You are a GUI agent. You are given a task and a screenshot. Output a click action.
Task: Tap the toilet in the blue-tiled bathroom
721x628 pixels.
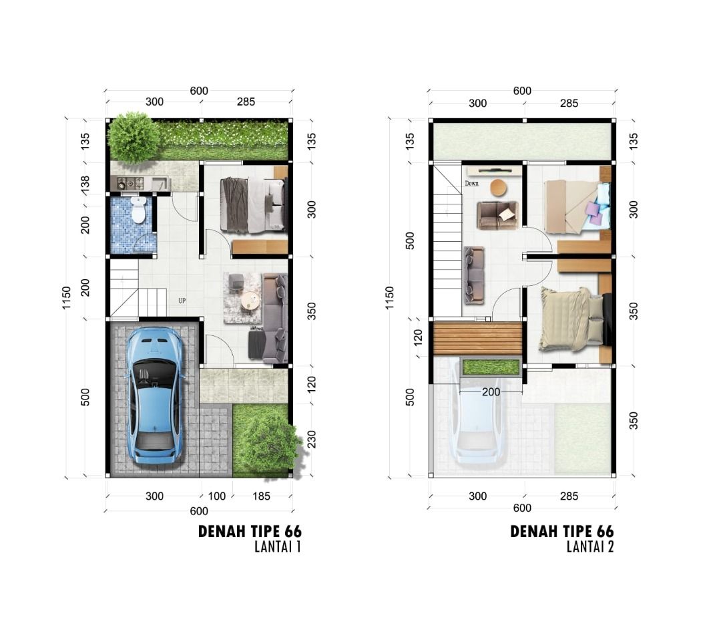tap(138, 210)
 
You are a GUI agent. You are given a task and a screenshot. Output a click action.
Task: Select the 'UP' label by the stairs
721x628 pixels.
tap(182, 301)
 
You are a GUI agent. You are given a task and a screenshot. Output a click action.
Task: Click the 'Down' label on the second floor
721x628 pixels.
tap(471, 183)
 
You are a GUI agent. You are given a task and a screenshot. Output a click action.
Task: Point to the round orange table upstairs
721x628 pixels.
tap(499, 188)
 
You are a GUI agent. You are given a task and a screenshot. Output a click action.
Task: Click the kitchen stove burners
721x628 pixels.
tap(131, 184)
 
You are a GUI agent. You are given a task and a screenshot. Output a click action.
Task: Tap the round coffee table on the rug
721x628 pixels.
tap(251, 301)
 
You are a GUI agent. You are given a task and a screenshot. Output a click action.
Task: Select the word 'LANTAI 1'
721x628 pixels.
tap(278, 546)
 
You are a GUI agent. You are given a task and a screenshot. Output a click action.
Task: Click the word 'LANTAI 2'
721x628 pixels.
tap(590, 546)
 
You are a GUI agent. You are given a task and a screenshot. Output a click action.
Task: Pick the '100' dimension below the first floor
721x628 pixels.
tap(216, 496)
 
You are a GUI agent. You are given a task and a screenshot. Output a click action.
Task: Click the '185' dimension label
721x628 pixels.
tap(261, 496)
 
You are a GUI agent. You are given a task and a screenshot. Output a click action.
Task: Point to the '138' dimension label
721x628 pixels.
tap(85, 184)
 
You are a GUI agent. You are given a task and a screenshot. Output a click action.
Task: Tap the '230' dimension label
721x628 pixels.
tap(311, 440)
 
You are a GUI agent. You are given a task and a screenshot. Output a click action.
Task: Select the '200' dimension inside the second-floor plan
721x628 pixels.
tap(491, 392)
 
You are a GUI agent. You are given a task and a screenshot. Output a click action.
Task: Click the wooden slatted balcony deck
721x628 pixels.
tap(477, 339)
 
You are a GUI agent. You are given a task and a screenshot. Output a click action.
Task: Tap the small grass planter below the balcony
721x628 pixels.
tap(491, 367)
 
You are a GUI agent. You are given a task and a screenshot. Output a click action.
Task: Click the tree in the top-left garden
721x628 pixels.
tap(134, 137)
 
